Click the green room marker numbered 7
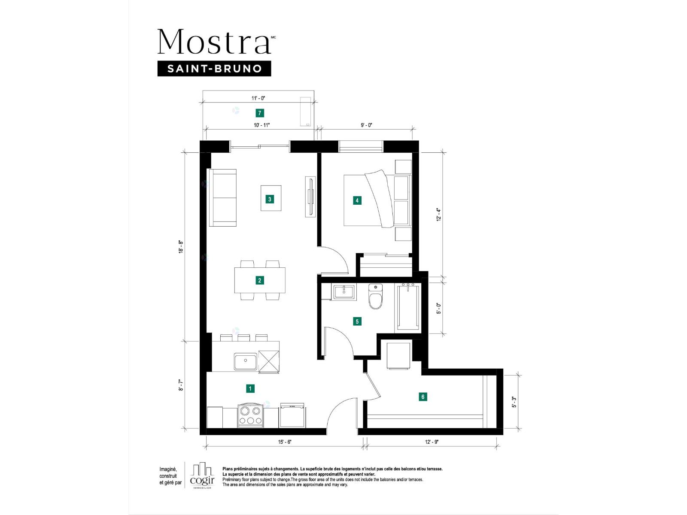point(259,113)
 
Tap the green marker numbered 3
point(270,199)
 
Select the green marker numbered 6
point(423,397)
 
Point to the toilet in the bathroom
point(375,296)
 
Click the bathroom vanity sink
point(344,292)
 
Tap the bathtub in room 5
point(408,307)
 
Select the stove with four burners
point(250,415)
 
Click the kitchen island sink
point(246,361)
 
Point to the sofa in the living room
point(222,197)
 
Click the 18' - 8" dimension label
point(181,246)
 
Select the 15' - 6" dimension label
point(285,442)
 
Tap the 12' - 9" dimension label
point(432,442)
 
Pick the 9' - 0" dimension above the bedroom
point(366,125)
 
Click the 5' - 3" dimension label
point(514,402)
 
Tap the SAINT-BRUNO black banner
point(214,69)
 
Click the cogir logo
point(202,475)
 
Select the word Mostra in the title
point(214,42)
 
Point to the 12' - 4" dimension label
point(439,215)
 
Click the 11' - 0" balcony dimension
point(258,98)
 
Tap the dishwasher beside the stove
point(292,415)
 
